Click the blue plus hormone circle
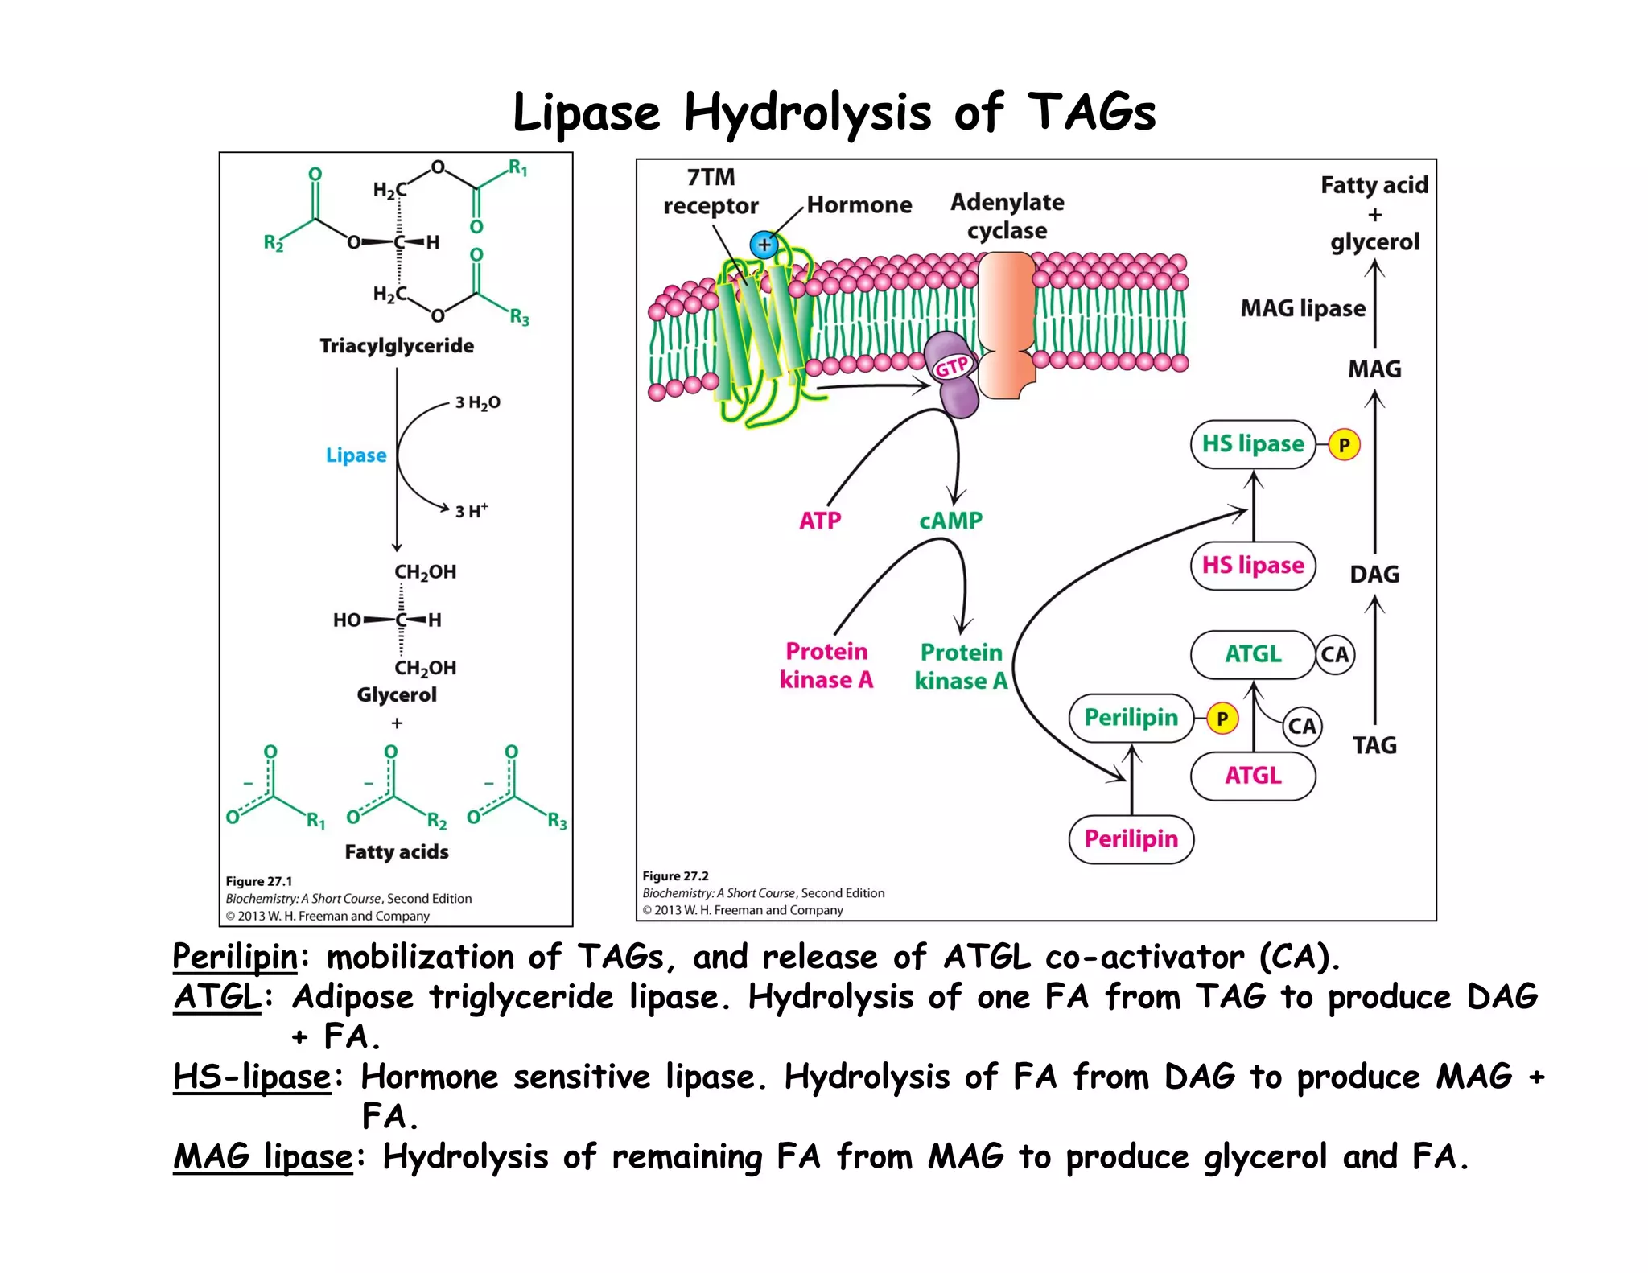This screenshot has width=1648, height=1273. click(x=764, y=245)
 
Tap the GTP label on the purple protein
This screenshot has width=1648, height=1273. click(x=951, y=367)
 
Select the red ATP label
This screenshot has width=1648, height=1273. click(x=820, y=521)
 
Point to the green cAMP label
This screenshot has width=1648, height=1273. click(x=950, y=521)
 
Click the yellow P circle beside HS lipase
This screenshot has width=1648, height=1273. click(x=1344, y=445)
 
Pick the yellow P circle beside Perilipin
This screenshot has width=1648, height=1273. click(x=1222, y=719)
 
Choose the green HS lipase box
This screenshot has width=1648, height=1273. click(x=1253, y=444)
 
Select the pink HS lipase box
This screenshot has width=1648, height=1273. click(x=1253, y=566)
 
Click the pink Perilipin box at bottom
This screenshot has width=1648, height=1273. click(x=1131, y=839)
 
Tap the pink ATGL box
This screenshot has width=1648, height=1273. click(x=1253, y=776)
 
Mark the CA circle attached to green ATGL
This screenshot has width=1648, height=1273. click(x=1335, y=655)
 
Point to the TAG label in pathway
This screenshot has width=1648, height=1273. click(x=1374, y=745)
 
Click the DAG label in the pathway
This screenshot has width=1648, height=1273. click(x=1374, y=575)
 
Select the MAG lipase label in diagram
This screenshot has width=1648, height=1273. click(x=1303, y=308)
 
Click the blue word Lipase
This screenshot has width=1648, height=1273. click(x=356, y=455)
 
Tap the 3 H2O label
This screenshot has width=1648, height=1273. click(x=477, y=402)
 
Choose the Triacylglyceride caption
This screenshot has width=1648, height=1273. click(x=397, y=346)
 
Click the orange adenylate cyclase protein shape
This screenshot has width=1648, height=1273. click(x=1006, y=322)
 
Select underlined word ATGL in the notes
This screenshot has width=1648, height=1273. click(x=217, y=998)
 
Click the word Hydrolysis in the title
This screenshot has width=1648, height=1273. click(x=807, y=112)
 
